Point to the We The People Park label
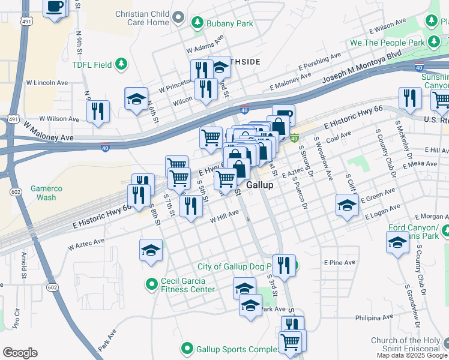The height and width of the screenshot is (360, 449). (382, 43)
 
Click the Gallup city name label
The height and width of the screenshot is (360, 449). (260, 185)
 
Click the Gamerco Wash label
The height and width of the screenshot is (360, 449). (41, 193)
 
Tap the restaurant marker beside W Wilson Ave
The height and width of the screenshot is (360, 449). (97, 111)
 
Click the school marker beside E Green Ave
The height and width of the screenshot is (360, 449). (346, 205)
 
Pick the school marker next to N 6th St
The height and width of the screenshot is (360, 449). (136, 99)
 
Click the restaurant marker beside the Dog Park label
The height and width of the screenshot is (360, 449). (284, 265)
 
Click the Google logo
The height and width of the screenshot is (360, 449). (20, 353)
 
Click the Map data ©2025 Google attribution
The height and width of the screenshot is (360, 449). (412, 355)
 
